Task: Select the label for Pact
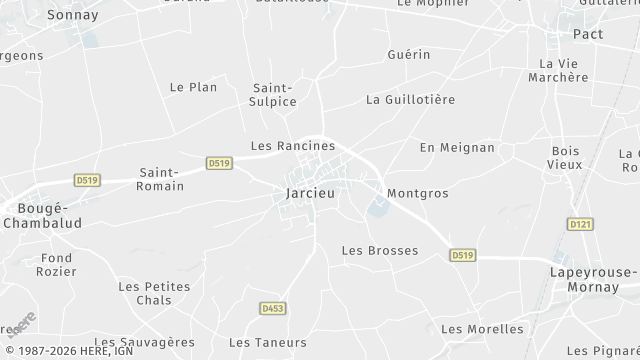tap(587, 34)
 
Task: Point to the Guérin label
tap(409, 54)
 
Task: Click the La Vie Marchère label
tap(558, 69)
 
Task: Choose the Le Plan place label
tap(193, 87)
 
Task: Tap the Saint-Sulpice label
tap(274, 94)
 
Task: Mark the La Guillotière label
tap(411, 99)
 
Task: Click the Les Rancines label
tap(292, 145)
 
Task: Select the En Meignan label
tap(457, 147)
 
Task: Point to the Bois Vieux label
tap(565, 157)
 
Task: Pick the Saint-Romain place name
tap(160, 179)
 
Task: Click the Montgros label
tap(416, 192)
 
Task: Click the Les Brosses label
tap(379, 250)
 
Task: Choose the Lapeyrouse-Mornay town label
tap(593, 279)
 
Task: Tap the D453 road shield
tap(271, 308)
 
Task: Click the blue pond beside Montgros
tap(377, 208)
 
